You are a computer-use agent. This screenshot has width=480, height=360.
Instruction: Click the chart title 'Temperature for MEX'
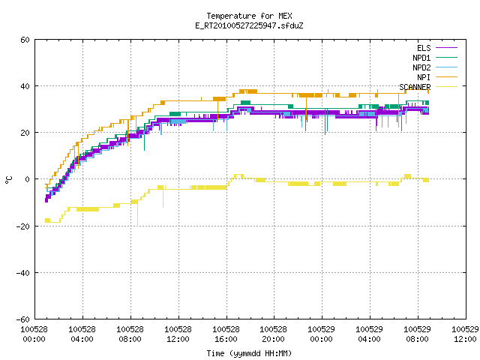[249, 16]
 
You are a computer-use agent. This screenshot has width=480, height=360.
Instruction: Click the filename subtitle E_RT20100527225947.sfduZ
[249, 25]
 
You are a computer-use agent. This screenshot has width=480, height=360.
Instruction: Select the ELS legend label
[424, 48]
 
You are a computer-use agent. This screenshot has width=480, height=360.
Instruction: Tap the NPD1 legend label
[421, 58]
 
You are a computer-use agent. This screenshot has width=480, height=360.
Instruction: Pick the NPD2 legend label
[421, 67]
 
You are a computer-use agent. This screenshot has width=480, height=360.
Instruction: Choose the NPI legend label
[424, 77]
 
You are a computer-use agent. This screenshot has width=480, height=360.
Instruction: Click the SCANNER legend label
[415, 87]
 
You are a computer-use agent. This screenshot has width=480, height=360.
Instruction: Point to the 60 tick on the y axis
[25, 40]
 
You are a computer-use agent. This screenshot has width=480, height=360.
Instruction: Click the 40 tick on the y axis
[25, 86]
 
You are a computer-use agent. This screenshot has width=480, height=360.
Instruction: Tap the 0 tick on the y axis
[27, 179]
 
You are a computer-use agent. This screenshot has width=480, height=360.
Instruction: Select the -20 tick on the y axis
[23, 226]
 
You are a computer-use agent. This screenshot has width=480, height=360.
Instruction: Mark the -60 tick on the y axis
[23, 319]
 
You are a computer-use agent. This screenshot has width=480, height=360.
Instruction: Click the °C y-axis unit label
[8, 180]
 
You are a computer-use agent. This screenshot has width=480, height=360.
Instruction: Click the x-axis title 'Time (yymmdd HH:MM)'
[249, 353]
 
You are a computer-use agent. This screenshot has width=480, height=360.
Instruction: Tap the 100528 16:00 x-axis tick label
[226, 334]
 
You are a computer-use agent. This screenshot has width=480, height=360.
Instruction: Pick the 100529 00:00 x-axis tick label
[321, 334]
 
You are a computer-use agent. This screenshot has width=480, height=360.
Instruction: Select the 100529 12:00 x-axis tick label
[465, 334]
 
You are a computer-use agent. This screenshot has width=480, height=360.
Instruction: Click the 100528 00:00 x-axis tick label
[34, 334]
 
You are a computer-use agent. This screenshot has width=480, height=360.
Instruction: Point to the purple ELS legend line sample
[446, 48]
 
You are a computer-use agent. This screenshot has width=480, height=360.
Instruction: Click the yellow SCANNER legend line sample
[446, 87]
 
